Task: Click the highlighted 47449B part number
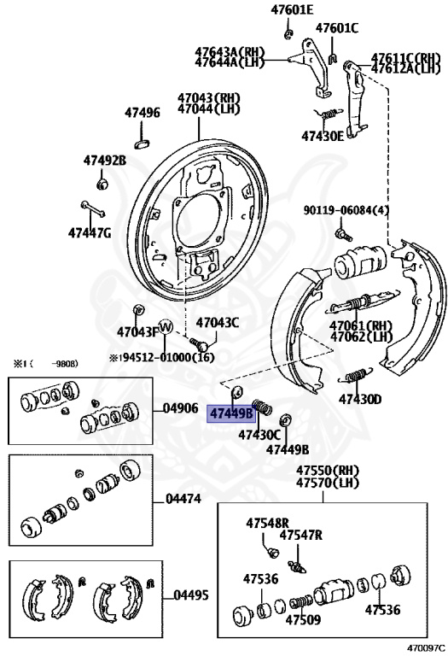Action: pyautogui.click(x=231, y=413)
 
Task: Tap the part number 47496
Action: pyautogui.click(x=143, y=113)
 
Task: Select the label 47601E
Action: pyautogui.click(x=292, y=9)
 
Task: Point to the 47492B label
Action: pyautogui.click(x=104, y=161)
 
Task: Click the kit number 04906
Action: pyautogui.click(x=181, y=408)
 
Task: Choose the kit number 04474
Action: pyautogui.click(x=183, y=498)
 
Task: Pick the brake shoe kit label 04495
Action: pyautogui.click(x=191, y=594)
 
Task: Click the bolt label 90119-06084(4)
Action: pyautogui.click(x=346, y=210)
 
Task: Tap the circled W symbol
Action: pyautogui.click(x=166, y=327)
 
